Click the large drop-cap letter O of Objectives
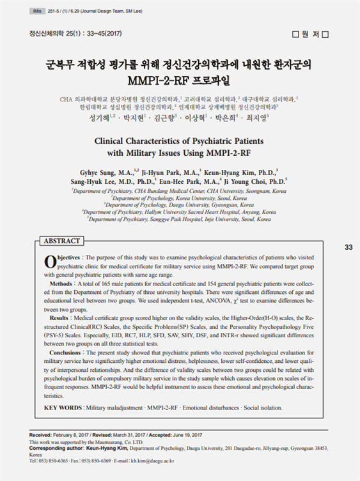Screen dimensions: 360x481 pos(51,261)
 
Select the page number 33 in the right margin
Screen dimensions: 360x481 pos(348,247)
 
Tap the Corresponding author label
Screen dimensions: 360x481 pos(58,447)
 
